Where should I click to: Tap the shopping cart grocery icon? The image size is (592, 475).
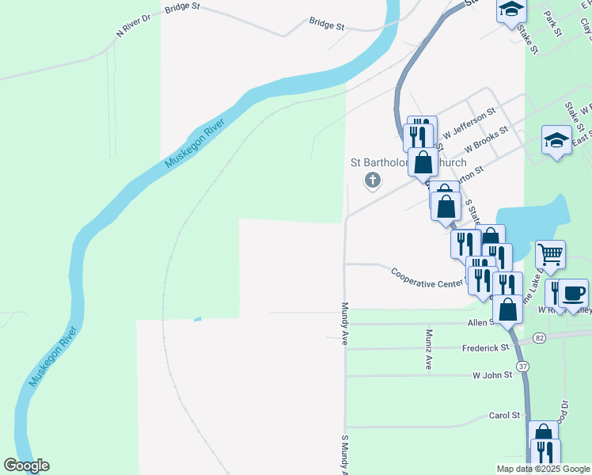(x=550, y=255)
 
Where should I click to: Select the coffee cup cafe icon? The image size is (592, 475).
(x=573, y=294)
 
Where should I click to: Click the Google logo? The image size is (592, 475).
(x=26, y=465)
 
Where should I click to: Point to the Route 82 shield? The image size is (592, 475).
(x=540, y=338)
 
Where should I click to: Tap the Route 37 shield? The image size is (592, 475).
(x=522, y=367)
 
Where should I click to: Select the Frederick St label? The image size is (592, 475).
(x=485, y=348)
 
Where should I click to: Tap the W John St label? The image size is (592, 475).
(x=492, y=374)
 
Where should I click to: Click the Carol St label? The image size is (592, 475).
(x=504, y=415)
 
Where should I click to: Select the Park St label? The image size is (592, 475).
(x=552, y=23)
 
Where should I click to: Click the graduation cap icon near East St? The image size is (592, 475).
(x=556, y=141)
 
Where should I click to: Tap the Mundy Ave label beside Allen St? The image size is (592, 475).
(x=345, y=323)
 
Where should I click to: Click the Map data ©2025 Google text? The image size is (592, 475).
(x=543, y=468)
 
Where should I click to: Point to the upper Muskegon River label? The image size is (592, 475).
(x=195, y=143)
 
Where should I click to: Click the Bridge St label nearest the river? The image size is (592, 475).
(x=327, y=25)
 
